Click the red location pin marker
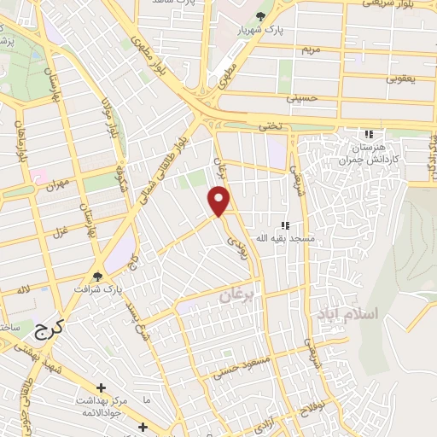(219, 201)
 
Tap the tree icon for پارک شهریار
(261, 16)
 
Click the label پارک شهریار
(261, 30)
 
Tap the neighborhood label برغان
(236, 296)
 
